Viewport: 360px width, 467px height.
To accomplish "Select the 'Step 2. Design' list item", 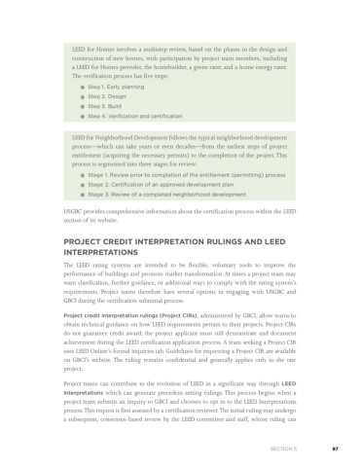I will tap(102, 97).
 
